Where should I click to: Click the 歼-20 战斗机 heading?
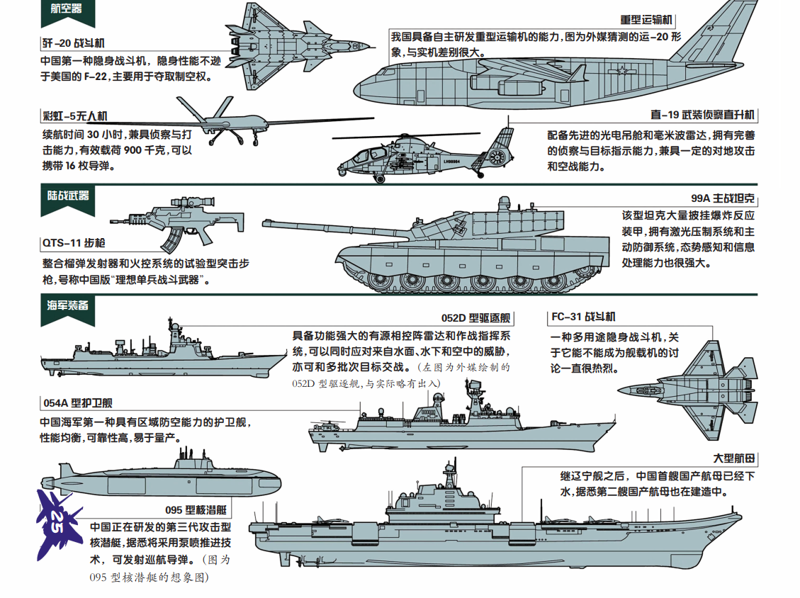74,43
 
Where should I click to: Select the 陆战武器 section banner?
64,195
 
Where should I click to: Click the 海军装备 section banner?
64,305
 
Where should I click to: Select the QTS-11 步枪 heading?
74,243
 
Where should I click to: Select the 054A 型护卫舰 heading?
77,403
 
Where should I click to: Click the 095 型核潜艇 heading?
196,509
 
